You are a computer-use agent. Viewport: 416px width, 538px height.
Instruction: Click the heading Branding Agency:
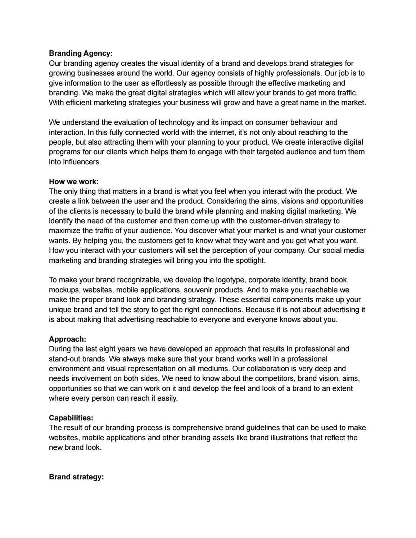click(81, 53)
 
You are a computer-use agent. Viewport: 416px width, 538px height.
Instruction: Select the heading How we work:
click(73, 182)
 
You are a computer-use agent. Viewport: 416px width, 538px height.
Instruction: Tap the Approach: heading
click(67, 339)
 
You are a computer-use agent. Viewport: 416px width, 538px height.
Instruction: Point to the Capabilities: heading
click(71, 418)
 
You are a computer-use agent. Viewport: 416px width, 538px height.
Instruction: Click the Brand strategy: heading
click(76, 477)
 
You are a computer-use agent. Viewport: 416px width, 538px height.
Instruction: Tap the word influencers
click(82, 162)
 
